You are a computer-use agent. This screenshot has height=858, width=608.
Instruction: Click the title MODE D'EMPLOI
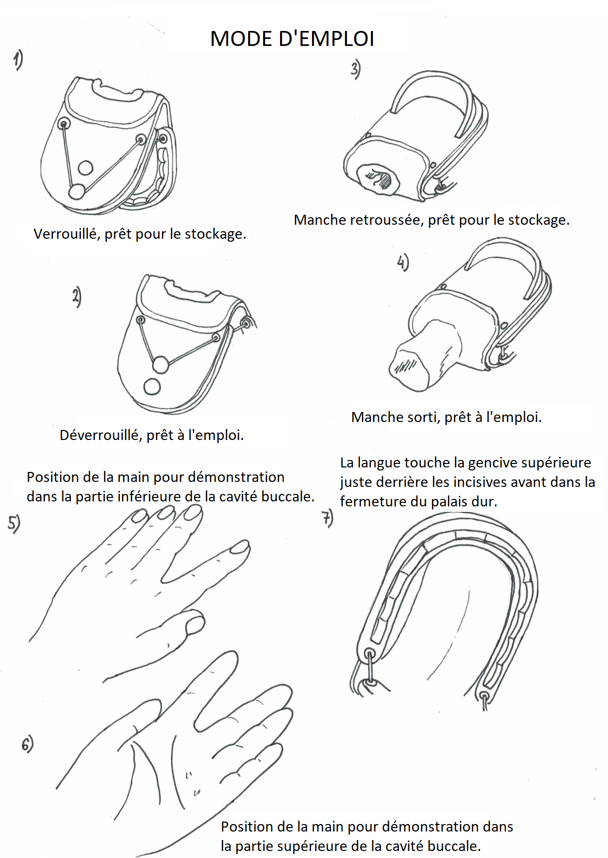coord(292,39)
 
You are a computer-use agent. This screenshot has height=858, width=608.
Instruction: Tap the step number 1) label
coord(18,60)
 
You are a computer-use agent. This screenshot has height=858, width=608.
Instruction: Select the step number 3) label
coord(355,69)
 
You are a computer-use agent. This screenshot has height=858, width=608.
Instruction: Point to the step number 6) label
coord(27,744)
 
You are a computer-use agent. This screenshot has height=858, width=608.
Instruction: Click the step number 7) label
coord(327,518)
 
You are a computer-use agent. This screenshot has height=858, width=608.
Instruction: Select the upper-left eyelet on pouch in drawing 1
coord(64,123)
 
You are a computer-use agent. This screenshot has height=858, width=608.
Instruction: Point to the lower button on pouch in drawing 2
coord(152,386)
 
